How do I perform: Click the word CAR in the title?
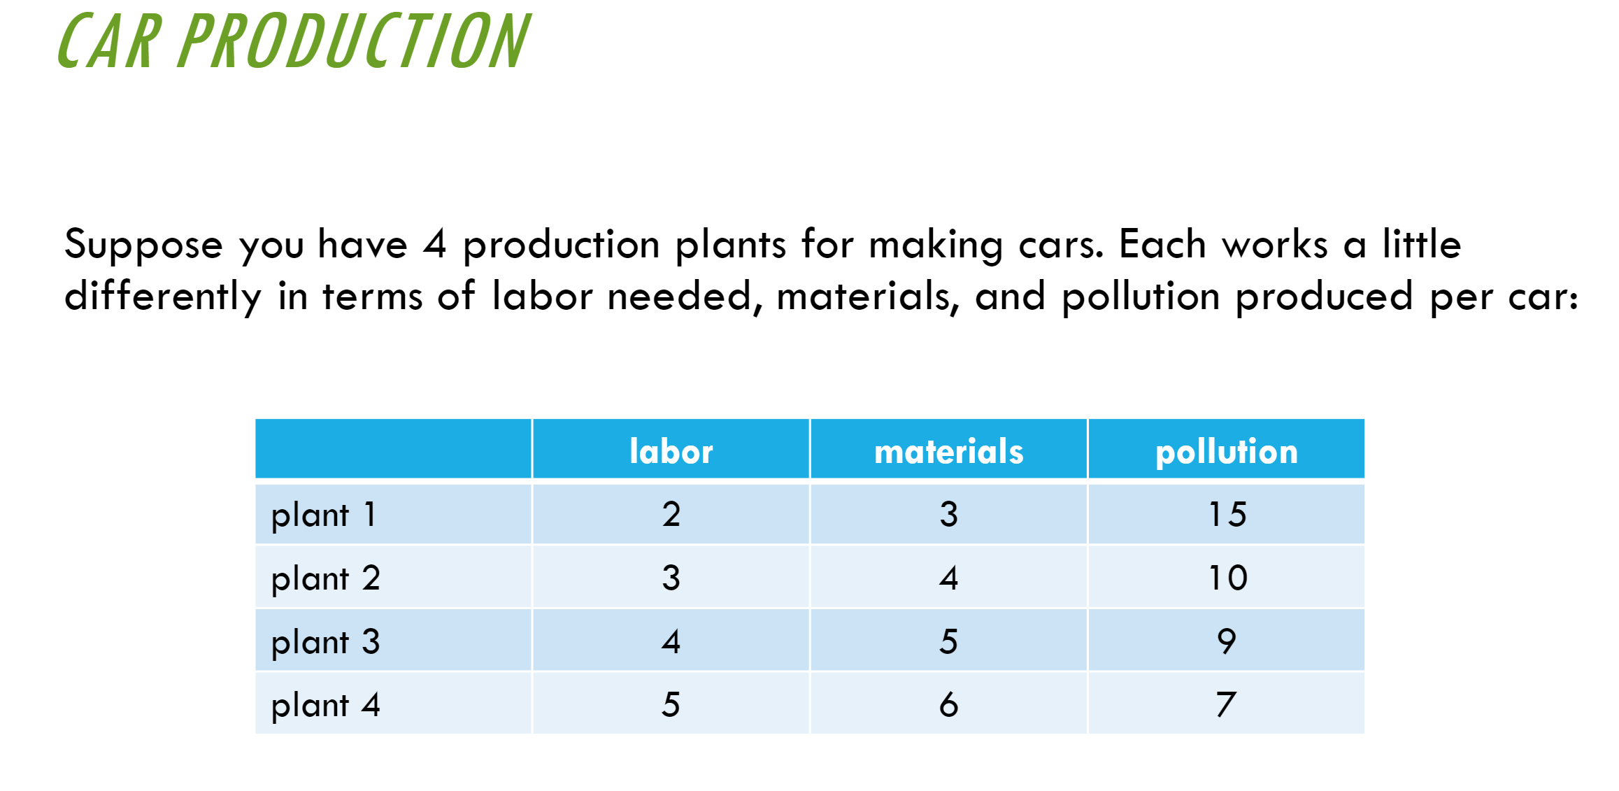coord(109,41)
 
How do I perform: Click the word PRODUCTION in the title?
coord(354,41)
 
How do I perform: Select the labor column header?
coord(671,451)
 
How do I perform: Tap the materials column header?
coord(948,451)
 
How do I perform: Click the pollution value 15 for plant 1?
coord(1227,514)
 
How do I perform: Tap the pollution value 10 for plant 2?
coord(1227,578)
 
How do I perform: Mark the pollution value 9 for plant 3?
coord(1227,641)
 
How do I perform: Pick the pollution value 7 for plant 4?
coord(1226,704)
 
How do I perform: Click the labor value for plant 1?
coord(671,514)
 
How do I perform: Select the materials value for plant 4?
coord(948,704)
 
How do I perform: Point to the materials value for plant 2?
coord(948,578)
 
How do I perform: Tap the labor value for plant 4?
coord(671,704)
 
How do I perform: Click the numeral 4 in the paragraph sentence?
coord(434,244)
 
